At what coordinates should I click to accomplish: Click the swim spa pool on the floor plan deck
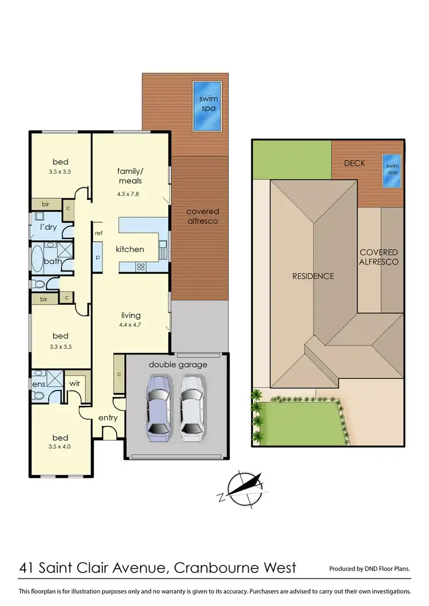208,106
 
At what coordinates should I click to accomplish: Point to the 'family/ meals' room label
129,176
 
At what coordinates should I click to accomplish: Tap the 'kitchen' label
130,249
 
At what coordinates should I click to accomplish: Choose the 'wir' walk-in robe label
75,384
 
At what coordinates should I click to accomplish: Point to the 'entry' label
108,418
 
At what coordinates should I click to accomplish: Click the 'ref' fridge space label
99,233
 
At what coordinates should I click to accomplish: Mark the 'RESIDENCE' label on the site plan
313,276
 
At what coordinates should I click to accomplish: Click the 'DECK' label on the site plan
355,164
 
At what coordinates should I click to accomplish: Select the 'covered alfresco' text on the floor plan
202,216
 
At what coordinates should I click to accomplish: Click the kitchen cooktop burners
140,267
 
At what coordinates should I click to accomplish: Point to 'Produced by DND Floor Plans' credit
369,569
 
